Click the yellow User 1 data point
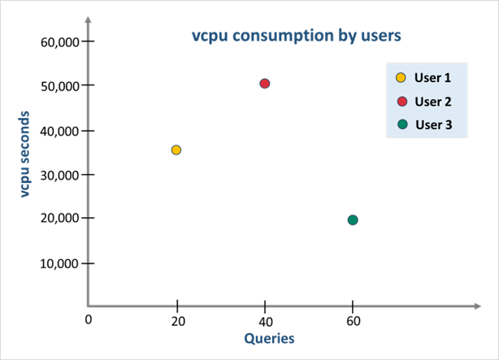[x=176, y=150]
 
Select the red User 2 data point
[x=264, y=83]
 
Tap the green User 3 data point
[x=352, y=219]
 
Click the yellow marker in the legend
[x=401, y=79]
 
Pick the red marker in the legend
[x=401, y=102]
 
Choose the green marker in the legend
[x=401, y=124]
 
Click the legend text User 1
[x=432, y=79]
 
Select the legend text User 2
[x=432, y=102]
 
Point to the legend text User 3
[x=433, y=124]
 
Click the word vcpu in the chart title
[x=206, y=37]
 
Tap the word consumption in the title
[x=275, y=37]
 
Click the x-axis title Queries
[x=269, y=337]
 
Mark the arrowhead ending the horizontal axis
[x=477, y=306]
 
